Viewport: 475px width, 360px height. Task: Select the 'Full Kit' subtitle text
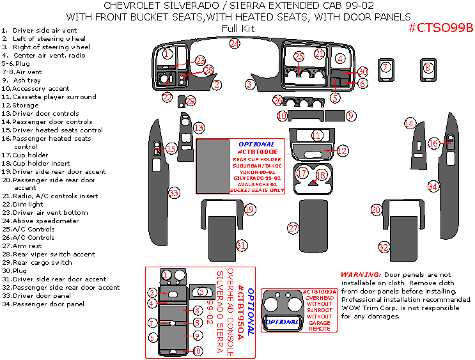click(238, 28)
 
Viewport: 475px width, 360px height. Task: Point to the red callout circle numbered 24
click(235, 43)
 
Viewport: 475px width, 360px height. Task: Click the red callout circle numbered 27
click(293, 228)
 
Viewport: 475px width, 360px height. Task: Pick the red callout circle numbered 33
click(173, 192)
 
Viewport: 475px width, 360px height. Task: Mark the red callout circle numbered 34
click(433, 186)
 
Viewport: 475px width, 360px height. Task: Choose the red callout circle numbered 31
click(241, 245)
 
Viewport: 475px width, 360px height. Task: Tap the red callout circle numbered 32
click(384, 247)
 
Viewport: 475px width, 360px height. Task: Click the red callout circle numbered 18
click(321, 175)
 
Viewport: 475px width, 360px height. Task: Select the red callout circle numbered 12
click(342, 151)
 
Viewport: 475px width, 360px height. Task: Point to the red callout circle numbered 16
click(433, 144)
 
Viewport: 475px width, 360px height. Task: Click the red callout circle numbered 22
click(167, 97)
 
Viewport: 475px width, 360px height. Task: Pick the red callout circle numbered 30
click(362, 72)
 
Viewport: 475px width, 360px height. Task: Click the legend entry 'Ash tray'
click(27, 81)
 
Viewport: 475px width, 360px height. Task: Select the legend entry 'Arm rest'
click(27, 246)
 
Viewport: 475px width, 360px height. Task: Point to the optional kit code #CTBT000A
click(319, 292)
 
